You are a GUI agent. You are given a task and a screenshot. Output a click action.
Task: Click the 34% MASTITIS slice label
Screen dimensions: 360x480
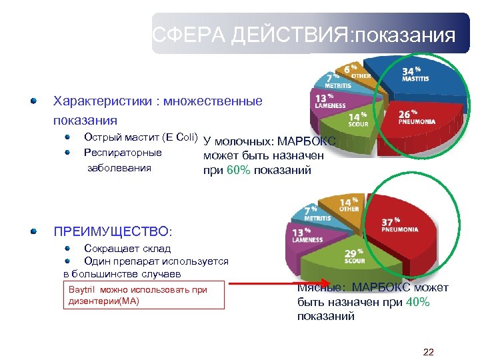coord(415,74)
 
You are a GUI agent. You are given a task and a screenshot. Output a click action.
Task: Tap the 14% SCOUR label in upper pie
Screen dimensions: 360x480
coord(357,119)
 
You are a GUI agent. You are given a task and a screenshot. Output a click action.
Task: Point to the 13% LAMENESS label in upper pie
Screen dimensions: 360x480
coord(329,101)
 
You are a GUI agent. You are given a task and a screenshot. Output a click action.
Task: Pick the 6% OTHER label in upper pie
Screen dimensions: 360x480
coord(353,71)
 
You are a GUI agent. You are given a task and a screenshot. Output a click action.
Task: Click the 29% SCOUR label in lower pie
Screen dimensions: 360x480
coord(353,256)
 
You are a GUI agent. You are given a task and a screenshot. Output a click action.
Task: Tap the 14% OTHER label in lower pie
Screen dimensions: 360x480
coord(349,204)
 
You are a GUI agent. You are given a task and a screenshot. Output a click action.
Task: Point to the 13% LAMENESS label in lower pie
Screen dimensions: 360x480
coord(307,235)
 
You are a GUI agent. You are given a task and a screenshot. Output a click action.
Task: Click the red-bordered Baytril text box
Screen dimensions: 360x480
coord(144,295)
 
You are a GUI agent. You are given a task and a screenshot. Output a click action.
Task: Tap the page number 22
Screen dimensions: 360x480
coord(429,351)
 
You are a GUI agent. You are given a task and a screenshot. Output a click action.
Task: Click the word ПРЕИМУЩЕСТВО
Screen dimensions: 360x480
coord(113,231)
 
